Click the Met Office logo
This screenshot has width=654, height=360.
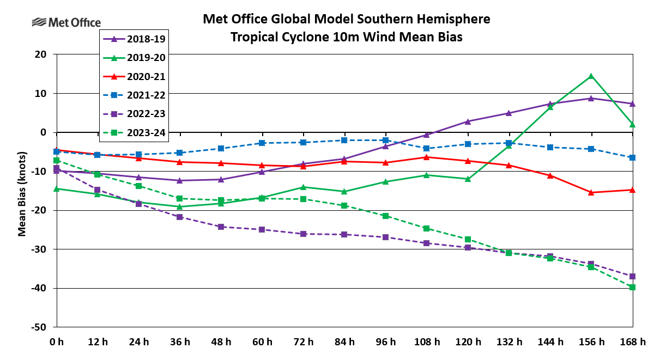66,22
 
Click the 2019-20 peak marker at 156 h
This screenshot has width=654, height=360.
591,76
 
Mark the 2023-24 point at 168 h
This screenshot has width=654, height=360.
632,287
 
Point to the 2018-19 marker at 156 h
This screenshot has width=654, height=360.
591,99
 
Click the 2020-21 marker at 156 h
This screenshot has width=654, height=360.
591,192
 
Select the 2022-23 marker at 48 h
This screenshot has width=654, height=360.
221,227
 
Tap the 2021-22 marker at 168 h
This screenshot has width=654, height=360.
632,157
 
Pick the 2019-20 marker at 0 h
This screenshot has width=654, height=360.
56,188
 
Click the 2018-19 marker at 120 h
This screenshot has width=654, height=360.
468,121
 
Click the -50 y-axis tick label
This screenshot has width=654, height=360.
38,327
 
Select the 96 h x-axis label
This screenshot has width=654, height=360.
385,342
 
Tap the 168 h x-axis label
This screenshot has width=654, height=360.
632,342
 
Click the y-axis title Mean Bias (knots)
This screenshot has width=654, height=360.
22,191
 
